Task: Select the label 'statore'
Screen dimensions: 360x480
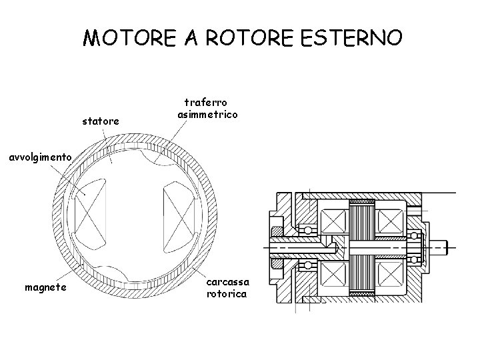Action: tap(101, 121)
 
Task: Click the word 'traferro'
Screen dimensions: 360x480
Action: tap(205, 103)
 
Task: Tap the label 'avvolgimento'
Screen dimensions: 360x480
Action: tap(40, 157)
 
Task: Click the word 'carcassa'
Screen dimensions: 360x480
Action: tap(227, 281)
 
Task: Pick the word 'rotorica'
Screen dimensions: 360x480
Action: tap(227, 293)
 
